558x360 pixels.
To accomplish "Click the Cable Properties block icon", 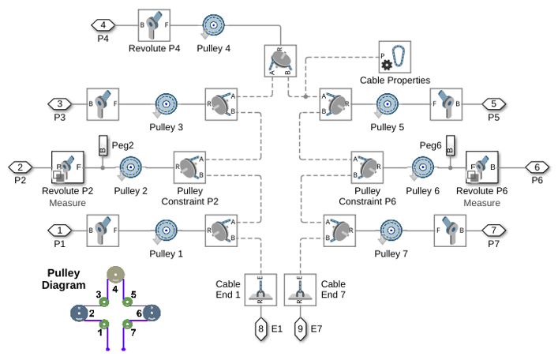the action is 395,57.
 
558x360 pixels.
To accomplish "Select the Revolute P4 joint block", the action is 154,25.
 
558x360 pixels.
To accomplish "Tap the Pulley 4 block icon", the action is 213,25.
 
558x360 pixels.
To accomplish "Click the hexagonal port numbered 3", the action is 60,104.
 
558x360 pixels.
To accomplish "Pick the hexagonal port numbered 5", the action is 493,104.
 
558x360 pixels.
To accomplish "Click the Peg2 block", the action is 103,145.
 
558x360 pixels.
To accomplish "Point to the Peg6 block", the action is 450,145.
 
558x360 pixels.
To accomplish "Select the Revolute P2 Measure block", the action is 68,167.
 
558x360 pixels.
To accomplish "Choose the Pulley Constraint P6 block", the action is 367,167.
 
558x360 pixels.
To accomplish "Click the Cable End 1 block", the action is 260,290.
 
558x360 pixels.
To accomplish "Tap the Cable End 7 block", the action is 300,290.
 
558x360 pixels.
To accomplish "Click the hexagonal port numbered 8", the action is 261,328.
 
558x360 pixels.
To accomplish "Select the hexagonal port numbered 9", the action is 300,328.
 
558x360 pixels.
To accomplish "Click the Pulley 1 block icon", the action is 166,231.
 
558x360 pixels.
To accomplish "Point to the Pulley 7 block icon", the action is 391,231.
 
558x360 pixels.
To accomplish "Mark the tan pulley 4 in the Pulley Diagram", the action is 116,275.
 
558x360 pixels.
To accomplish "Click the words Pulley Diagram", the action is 63,279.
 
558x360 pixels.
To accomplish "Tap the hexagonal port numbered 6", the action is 537,167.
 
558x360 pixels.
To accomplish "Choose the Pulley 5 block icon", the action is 387,104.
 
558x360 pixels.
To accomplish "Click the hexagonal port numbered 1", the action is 60,231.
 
